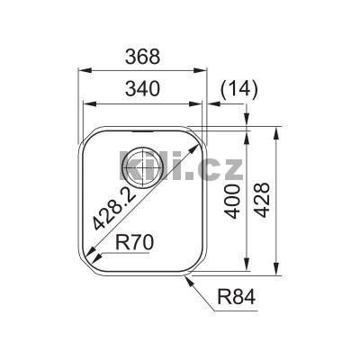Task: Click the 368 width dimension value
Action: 141,56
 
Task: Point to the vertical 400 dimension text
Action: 232,201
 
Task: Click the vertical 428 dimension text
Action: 261,201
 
